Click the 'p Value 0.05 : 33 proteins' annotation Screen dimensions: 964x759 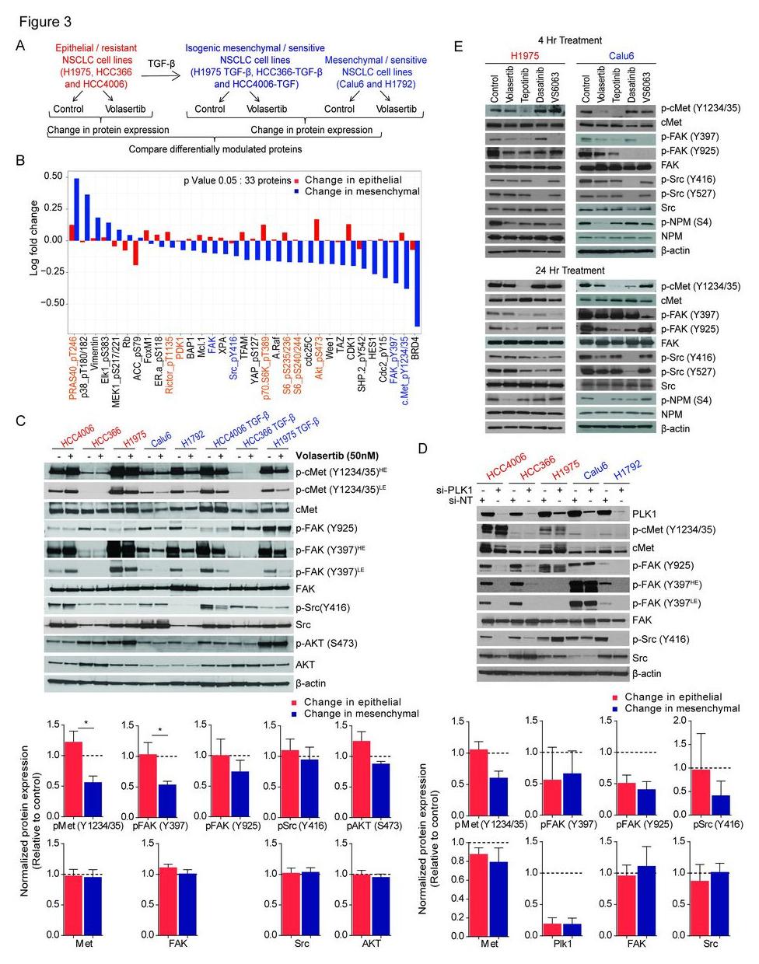pos(237,180)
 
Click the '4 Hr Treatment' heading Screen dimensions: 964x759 pos(569,40)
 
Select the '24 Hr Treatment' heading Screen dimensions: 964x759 pos(571,271)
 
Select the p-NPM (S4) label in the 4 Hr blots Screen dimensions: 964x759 pos(684,222)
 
